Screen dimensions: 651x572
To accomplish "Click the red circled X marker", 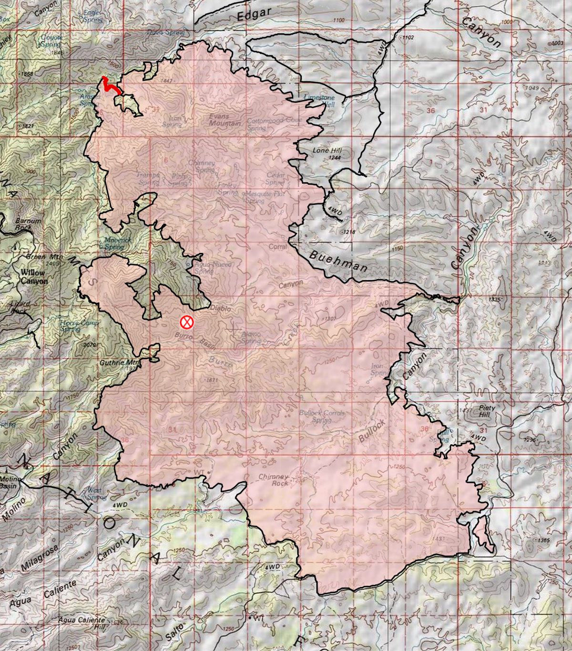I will pos(187,323).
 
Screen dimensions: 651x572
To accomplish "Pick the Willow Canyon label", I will pos(34,277).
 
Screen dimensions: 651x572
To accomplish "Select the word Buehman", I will pos(338,260).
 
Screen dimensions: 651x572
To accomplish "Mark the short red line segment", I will pos(111,85).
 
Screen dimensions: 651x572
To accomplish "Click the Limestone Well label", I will pos(320,99).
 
